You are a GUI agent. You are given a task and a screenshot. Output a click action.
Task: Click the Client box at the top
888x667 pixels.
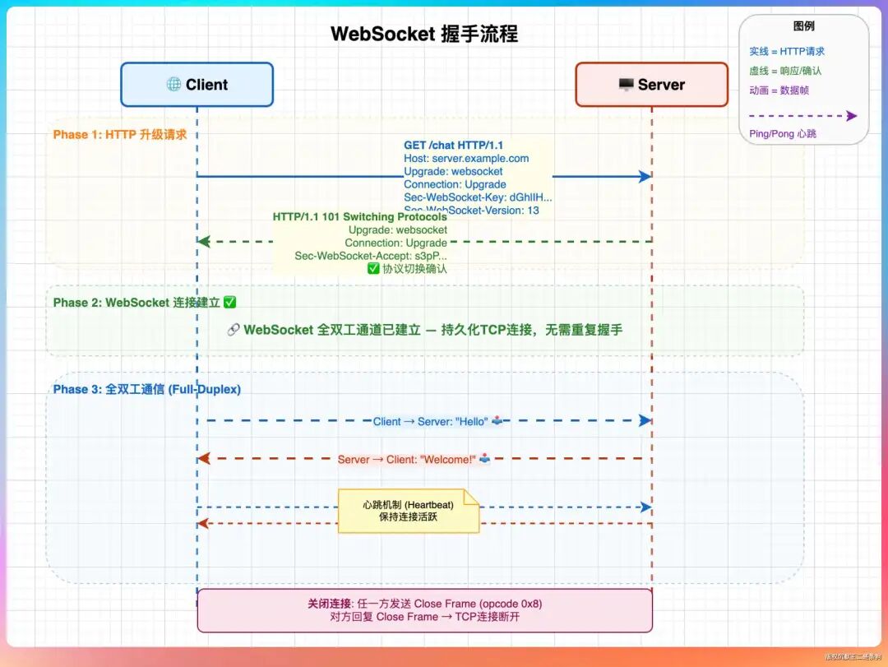pos(197,85)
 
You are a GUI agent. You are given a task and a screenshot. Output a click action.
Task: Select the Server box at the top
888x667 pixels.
pos(651,85)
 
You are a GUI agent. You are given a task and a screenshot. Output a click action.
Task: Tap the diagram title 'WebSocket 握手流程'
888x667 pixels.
pos(424,34)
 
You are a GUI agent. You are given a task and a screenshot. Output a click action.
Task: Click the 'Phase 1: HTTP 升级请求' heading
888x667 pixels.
pos(120,134)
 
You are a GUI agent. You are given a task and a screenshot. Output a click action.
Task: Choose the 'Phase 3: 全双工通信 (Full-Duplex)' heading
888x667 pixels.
pos(147,389)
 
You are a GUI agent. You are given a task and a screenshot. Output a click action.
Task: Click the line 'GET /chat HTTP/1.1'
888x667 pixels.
pos(454,146)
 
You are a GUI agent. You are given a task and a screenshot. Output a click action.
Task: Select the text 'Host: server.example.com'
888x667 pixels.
pos(466,158)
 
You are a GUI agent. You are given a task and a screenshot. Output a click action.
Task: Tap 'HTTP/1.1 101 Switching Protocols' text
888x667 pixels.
pos(360,217)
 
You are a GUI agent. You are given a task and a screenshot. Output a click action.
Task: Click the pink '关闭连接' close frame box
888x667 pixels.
pos(424,610)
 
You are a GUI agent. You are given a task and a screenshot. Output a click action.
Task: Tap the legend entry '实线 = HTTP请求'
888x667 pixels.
pos(787,51)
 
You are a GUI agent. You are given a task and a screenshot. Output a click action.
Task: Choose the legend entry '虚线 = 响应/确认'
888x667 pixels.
pos(785,71)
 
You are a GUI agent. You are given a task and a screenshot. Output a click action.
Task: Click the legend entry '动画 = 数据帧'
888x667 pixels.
pos(779,90)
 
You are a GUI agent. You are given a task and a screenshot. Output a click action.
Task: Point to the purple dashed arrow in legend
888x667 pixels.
pos(802,116)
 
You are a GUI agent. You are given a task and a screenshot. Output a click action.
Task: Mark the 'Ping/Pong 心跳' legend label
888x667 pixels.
pos(783,133)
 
